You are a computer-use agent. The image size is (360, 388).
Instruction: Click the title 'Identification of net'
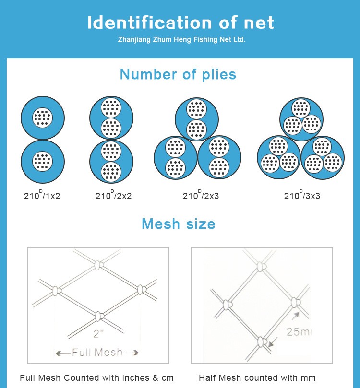tap(180, 23)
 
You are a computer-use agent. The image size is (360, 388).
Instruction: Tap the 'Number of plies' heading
tap(178, 74)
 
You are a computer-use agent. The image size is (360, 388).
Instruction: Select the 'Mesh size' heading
tap(178, 223)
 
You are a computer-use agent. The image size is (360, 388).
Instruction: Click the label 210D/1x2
tap(42, 195)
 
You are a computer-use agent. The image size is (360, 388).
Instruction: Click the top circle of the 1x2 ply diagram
tap(43, 118)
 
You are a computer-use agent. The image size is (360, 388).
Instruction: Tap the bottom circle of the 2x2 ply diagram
tap(111, 162)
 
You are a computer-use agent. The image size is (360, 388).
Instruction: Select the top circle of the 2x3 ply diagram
tap(196, 118)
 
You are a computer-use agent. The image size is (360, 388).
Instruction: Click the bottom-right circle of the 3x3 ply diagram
tap(323, 157)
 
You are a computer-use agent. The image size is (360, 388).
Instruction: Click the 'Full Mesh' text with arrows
tap(97, 353)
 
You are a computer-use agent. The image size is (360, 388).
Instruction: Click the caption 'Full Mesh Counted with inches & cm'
tap(96, 378)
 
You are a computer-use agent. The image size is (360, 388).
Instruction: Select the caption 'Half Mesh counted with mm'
tap(257, 378)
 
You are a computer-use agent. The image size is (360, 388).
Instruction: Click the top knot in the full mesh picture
tap(98, 264)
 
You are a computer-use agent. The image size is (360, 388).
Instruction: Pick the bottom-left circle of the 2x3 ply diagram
tap(175, 157)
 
